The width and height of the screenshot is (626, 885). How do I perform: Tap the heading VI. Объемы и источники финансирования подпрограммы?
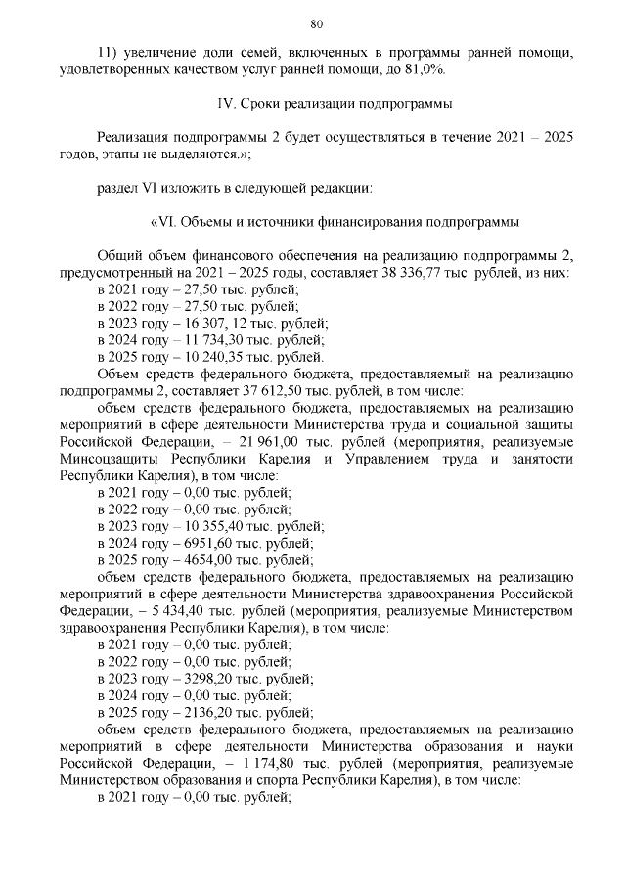pos(333,221)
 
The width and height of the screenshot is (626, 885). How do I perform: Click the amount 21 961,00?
pos(257,442)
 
